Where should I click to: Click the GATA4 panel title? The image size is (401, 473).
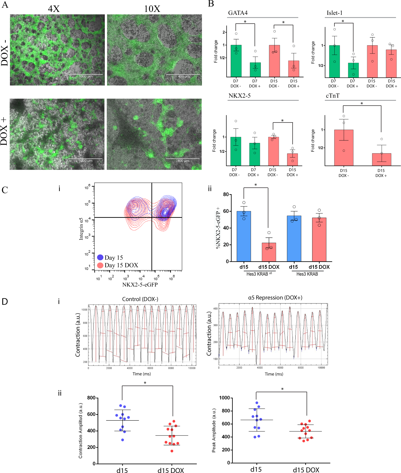pyautogui.click(x=238, y=13)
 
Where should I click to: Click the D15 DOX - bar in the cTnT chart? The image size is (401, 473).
pyautogui.click(x=344, y=148)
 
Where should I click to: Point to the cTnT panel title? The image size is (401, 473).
pyautogui.click(x=333, y=96)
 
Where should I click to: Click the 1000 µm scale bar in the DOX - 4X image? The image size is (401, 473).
pyautogui.click(x=86, y=74)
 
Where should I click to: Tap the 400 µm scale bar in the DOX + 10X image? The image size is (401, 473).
pyautogui.click(x=183, y=159)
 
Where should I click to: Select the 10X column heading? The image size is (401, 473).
pyautogui.click(x=152, y=9)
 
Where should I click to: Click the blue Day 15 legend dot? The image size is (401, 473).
pyautogui.click(x=100, y=257)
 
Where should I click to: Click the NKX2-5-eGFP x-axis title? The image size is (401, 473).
pyautogui.click(x=140, y=284)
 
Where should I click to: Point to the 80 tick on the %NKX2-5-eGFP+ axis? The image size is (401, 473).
pyautogui.click(x=226, y=194)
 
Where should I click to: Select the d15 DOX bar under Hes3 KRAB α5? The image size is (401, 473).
pyautogui.click(x=269, y=252)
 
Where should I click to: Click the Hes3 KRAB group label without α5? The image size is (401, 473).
pyautogui.click(x=307, y=274)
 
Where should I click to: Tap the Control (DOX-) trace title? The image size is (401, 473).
pyautogui.click(x=140, y=299)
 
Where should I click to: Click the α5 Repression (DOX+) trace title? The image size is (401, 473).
pyautogui.click(x=275, y=297)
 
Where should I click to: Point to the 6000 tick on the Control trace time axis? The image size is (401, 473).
pyautogui.click(x=150, y=368)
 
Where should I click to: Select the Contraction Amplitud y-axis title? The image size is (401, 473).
pyautogui.click(x=80, y=430)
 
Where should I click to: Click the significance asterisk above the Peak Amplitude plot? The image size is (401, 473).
pyautogui.click(x=282, y=389)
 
